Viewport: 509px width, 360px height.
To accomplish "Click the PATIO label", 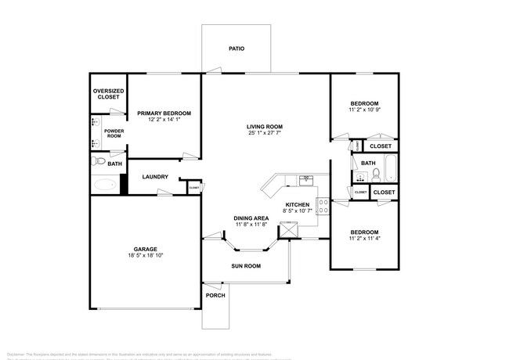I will pos(236,49).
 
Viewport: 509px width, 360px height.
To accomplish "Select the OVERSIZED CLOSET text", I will pos(108,94).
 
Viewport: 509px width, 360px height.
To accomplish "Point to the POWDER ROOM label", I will pos(114,133).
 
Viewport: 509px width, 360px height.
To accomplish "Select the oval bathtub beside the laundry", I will pos(104,185).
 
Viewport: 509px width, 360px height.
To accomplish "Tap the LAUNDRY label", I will pos(155,177).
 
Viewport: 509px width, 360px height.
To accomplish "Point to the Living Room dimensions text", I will pos(265,133).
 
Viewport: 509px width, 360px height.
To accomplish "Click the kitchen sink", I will pos(306,179).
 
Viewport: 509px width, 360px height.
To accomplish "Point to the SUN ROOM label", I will pos(246,266).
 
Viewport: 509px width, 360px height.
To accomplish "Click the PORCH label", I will pos(215,295).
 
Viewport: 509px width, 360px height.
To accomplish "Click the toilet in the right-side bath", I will pos(375,173).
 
